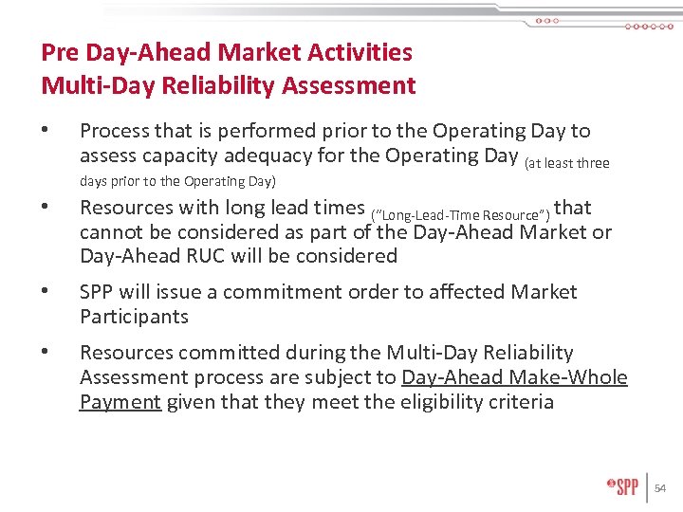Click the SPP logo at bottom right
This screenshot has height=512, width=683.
pyautogui.click(x=622, y=486)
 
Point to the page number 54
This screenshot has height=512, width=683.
pyautogui.click(x=661, y=487)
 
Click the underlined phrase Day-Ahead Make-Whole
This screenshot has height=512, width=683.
pyautogui.click(x=514, y=377)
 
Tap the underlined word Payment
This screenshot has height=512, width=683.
pyautogui.click(x=120, y=402)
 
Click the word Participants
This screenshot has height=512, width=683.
pyautogui.click(x=134, y=317)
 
